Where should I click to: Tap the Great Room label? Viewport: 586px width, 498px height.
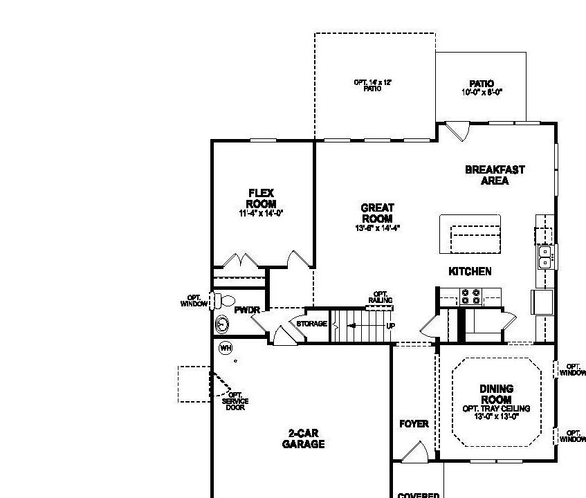[x=377, y=213]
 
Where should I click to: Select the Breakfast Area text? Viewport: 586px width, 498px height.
[x=495, y=175]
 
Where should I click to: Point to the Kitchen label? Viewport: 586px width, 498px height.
[x=470, y=271]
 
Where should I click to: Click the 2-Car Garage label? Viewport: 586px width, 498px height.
[x=303, y=439]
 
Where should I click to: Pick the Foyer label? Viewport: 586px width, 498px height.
[x=414, y=424]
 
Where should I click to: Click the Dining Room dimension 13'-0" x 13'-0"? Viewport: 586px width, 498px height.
[x=496, y=416]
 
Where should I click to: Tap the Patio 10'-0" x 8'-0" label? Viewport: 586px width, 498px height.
[x=481, y=88]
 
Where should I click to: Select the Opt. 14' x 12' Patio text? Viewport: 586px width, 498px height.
[x=373, y=85]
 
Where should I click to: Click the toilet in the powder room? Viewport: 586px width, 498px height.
[x=223, y=301]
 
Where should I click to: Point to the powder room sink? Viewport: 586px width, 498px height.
[x=223, y=323]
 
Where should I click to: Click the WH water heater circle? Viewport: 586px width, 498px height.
[x=225, y=348]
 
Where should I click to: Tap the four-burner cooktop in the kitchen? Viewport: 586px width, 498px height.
[x=471, y=296]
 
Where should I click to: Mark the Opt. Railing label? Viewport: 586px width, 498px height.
[x=381, y=297]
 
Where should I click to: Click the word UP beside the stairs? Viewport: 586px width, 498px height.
[x=391, y=325]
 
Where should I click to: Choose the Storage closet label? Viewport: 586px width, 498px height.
[x=311, y=324]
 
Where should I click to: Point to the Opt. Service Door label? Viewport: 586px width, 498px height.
[x=235, y=401]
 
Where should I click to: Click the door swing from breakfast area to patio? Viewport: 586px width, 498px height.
[x=457, y=130]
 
